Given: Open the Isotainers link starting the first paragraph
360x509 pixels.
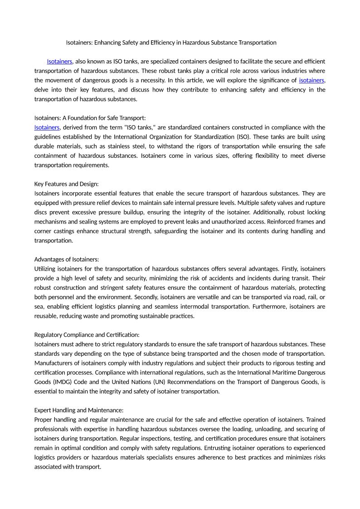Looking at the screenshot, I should pos(59,61).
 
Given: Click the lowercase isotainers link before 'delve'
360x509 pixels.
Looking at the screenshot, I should pos(311,80).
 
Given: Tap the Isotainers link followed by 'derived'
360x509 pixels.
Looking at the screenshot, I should pos(47,127).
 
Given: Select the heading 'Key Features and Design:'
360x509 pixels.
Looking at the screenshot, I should pos(66,184).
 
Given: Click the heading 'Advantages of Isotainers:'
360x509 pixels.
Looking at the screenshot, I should pos(66,259).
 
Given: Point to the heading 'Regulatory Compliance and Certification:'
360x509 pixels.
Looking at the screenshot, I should pos(87,335).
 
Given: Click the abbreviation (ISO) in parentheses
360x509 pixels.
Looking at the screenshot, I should pos(242,137).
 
